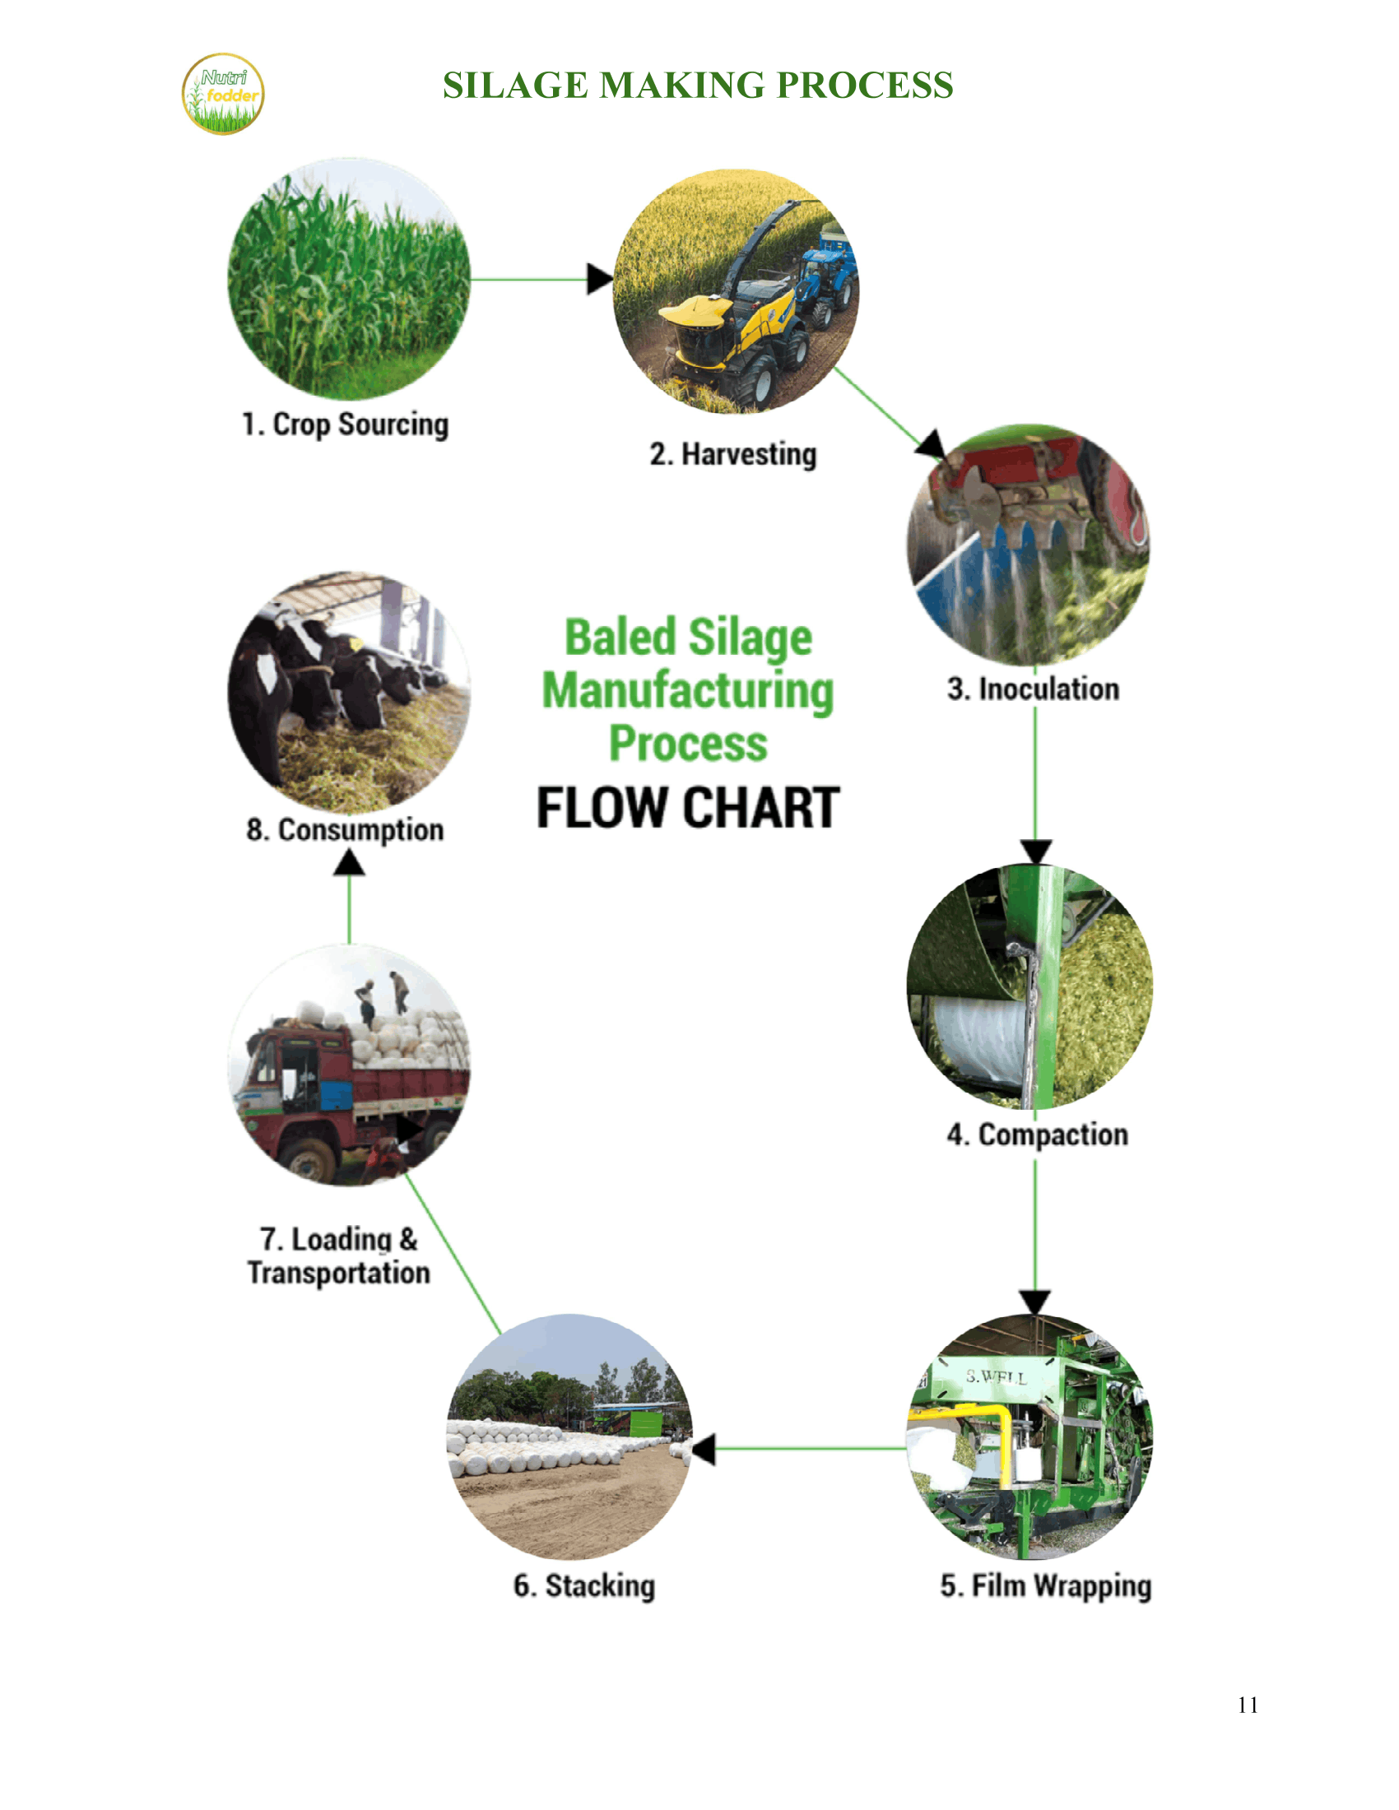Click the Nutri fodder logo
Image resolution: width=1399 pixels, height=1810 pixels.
coord(223,94)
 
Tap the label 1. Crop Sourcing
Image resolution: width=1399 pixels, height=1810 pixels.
coord(345,425)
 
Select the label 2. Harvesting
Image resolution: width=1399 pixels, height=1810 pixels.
coord(733,454)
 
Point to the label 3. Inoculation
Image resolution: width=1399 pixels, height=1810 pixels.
coord(1034,689)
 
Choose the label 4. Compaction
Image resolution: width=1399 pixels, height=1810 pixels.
coord(1038,1135)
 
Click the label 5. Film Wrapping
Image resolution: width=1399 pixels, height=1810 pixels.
coord(1046,1585)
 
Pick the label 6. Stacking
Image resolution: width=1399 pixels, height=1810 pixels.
coord(584,1585)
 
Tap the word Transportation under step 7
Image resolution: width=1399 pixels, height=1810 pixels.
coord(339,1273)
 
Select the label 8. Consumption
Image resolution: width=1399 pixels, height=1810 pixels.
coord(345,829)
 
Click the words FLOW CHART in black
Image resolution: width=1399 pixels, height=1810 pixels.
coord(688,808)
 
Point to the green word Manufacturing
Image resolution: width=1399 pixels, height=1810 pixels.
coord(688,691)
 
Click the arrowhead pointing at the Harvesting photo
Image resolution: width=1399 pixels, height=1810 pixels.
coord(600,279)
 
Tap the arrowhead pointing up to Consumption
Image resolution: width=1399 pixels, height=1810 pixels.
coord(349,863)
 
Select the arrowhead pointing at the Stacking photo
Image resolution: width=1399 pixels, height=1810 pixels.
coord(703,1450)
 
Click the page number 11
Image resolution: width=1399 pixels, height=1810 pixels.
coord(1248,1706)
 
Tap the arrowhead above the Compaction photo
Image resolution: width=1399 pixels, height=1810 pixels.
coord(1036,852)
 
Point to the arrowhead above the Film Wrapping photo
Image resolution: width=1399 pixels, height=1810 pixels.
coord(1035,1302)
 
